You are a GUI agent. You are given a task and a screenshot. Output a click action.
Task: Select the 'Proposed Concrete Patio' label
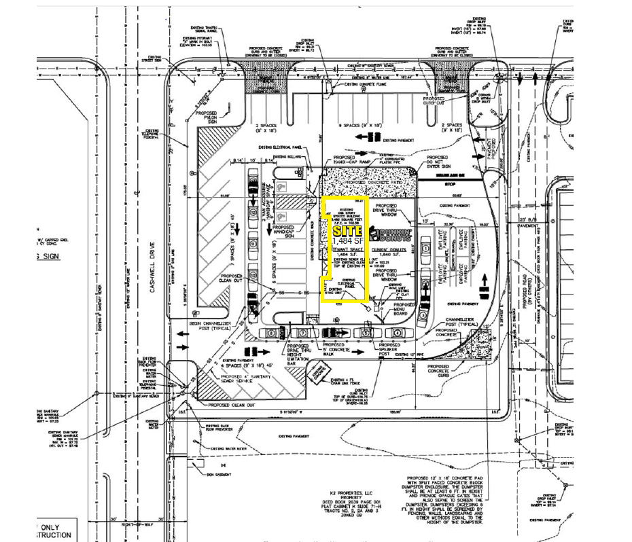pos(371,183)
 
